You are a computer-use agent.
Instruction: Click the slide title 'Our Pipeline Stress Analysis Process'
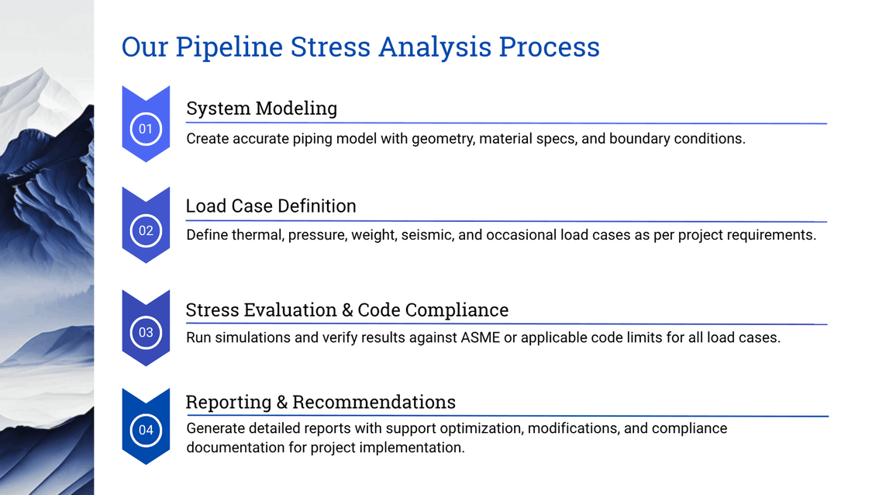(x=360, y=47)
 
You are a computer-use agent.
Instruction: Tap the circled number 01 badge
(x=146, y=129)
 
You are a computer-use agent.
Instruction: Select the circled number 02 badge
(x=146, y=230)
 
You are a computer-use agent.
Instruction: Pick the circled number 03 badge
(x=146, y=333)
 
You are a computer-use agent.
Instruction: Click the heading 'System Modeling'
(x=261, y=108)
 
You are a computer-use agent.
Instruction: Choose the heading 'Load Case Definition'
(x=271, y=206)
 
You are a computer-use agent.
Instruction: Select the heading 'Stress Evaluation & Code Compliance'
(x=346, y=310)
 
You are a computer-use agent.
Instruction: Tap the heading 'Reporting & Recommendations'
(x=320, y=402)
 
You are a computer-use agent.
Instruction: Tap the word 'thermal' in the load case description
(x=256, y=234)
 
